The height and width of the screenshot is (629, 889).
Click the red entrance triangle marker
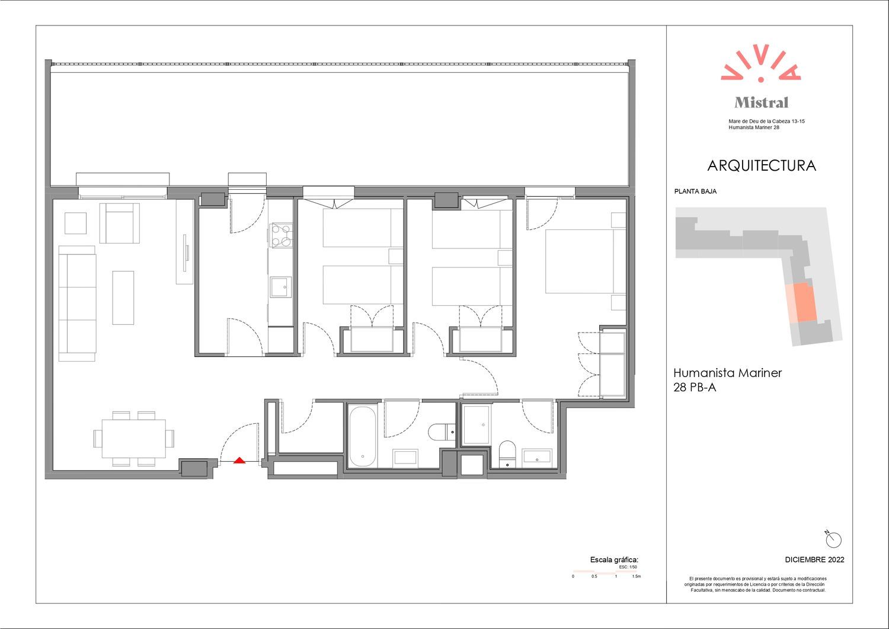point(239,460)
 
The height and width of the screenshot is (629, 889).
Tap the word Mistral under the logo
point(761,103)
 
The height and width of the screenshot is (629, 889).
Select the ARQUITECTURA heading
point(761,165)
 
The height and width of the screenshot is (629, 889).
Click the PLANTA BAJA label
point(695,191)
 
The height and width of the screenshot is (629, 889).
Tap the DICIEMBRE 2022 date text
point(814,560)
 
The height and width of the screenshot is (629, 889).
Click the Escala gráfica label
point(614,560)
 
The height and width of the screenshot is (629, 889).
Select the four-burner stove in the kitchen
point(281,235)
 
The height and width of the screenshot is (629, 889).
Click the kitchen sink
point(280,287)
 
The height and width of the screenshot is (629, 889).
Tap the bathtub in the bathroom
point(362,436)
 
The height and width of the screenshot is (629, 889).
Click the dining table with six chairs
point(134,439)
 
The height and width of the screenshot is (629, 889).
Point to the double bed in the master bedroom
point(586,261)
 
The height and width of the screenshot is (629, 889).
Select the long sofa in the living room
point(78,304)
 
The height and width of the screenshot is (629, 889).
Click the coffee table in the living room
point(123,298)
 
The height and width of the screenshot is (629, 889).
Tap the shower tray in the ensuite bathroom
point(477,424)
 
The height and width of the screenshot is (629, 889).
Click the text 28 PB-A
point(695,387)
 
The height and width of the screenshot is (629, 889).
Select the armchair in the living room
point(120,223)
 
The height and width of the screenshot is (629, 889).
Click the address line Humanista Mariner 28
point(754,127)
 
